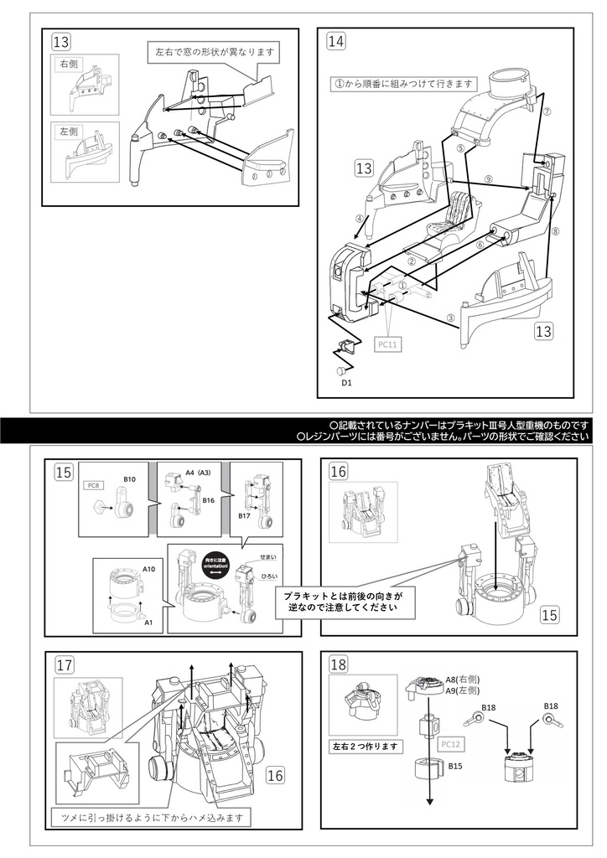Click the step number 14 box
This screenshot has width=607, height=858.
[x=336, y=41]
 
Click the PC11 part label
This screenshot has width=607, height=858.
[x=387, y=344]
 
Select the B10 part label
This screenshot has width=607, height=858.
[x=129, y=478]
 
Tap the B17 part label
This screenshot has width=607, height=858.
[x=245, y=516]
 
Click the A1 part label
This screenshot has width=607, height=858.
[x=148, y=623]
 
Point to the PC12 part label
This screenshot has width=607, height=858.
[x=449, y=743]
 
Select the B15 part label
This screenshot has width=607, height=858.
[x=456, y=766]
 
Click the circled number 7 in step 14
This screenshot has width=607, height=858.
[x=547, y=111]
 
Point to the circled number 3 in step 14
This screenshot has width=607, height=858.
[x=450, y=318]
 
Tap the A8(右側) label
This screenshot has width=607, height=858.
[x=462, y=680]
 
